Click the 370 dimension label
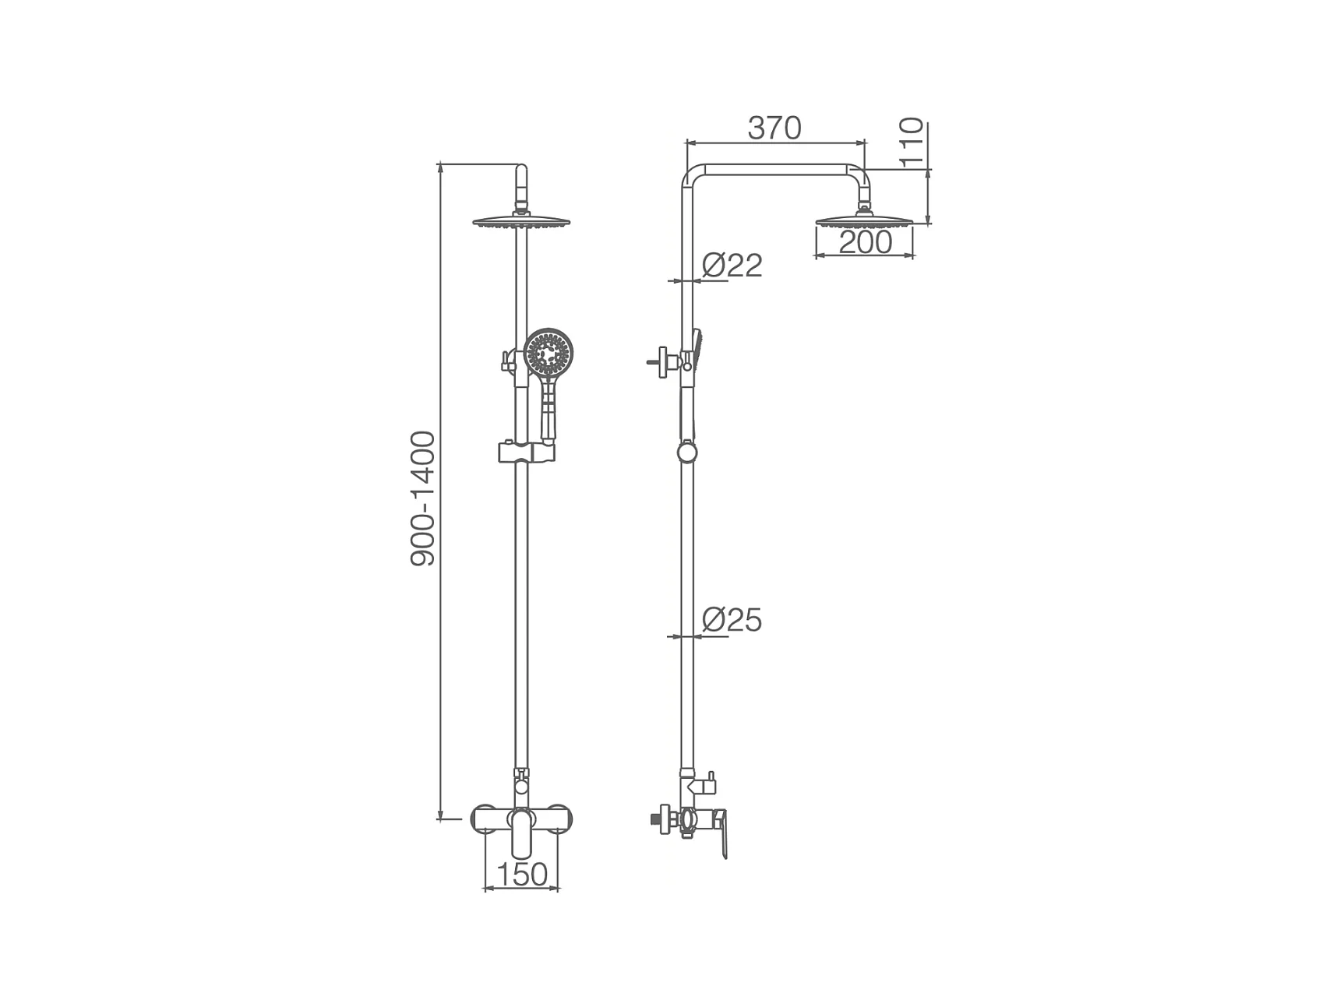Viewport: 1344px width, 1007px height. pos(774,128)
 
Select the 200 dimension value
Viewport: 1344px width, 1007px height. pos(865,242)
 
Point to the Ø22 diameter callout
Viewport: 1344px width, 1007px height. pos(732,266)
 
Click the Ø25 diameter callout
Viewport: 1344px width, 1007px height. pos(732,620)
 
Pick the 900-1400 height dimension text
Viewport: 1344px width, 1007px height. pos(423,498)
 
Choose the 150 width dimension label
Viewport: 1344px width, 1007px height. pos(521,874)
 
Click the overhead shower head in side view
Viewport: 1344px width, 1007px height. pos(864,221)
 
